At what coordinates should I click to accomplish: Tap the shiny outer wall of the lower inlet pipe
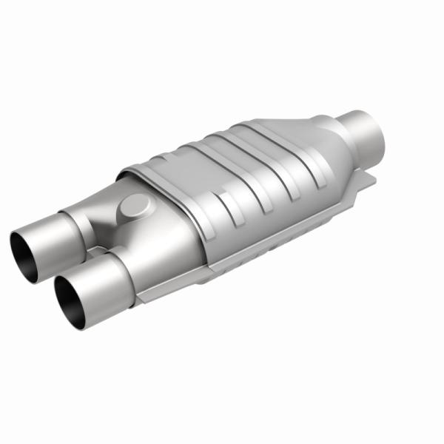pyautogui.click(x=100, y=281)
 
